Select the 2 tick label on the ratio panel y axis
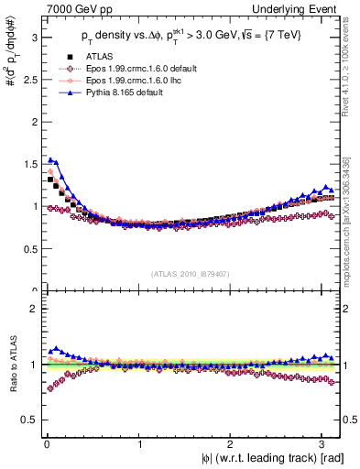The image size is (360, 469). click(32, 309)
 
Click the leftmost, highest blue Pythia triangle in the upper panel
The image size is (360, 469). click(50, 159)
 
